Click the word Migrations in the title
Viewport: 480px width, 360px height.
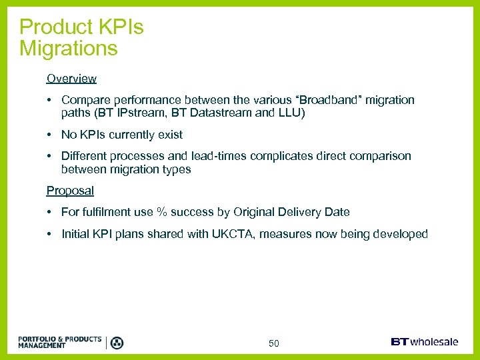[x=69, y=48]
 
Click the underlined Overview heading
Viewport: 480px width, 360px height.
[x=71, y=79]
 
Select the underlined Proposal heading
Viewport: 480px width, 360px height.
[x=70, y=191]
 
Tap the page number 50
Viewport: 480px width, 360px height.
[x=274, y=343]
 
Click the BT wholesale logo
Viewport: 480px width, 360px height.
[x=425, y=342]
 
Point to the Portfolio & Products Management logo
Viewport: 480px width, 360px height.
[x=60, y=342]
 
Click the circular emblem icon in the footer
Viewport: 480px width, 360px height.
[x=117, y=343]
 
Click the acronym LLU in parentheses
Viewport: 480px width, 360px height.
[x=289, y=113]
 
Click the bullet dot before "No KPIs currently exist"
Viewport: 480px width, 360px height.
[x=50, y=135]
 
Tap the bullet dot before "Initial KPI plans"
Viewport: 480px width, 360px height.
[x=50, y=234]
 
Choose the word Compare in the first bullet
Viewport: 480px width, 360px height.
[x=83, y=100]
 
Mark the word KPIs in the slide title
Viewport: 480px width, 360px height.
[x=121, y=27]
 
